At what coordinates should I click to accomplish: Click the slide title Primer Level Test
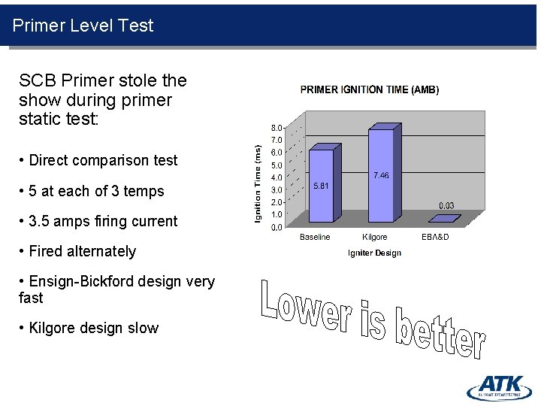point(83,26)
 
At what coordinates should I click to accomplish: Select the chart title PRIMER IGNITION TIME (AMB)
point(370,89)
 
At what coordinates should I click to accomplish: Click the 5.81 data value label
point(322,186)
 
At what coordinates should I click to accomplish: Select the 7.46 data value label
point(381,175)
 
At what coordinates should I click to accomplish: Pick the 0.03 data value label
point(446,205)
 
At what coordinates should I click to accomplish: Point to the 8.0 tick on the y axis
point(277,128)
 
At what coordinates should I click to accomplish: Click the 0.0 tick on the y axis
point(277,227)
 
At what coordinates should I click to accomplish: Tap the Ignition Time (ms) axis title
point(258,183)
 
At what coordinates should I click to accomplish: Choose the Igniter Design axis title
point(374,253)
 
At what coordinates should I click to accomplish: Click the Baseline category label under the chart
point(315,238)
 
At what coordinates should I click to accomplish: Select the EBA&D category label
point(435,238)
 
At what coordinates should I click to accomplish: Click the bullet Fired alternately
point(82,251)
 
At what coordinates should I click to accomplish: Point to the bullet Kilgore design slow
point(93,328)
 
